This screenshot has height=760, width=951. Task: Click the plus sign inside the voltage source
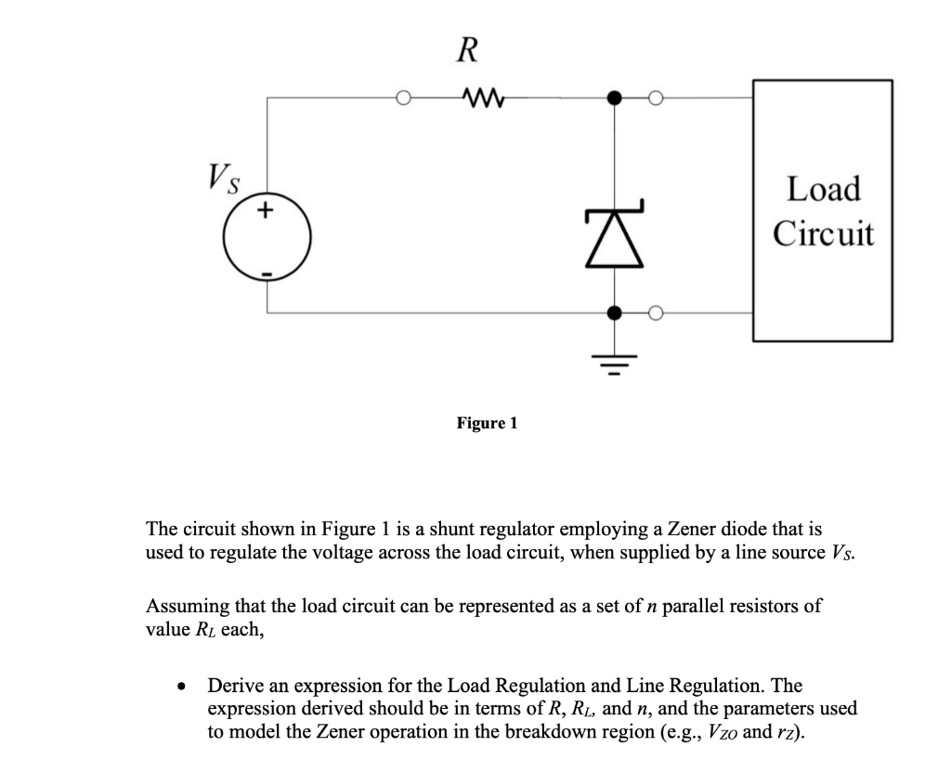click(x=266, y=213)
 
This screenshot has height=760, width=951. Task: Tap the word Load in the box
click(x=823, y=190)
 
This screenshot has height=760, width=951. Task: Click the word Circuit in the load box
click(x=823, y=232)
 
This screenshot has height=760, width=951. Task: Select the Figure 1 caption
click(x=487, y=424)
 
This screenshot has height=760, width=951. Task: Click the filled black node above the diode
click(x=612, y=96)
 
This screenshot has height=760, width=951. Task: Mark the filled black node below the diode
click(x=612, y=313)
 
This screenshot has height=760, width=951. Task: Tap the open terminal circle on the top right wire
click(x=655, y=96)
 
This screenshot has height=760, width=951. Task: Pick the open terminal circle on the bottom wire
click(x=655, y=313)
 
